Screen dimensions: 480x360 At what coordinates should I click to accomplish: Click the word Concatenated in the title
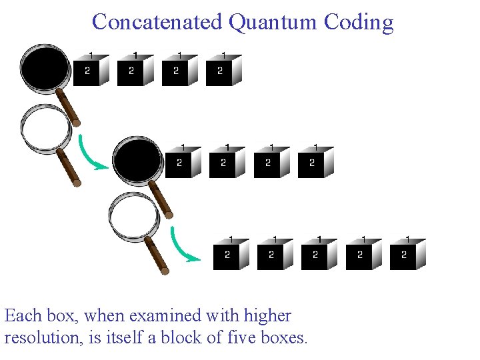(157, 21)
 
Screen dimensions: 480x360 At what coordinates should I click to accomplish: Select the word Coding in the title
(359, 22)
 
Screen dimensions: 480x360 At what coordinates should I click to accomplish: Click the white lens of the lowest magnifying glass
(133, 217)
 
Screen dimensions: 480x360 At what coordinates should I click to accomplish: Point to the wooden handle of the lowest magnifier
(157, 255)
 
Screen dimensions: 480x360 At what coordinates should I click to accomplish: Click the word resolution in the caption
(43, 337)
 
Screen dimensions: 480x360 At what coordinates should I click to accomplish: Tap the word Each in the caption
(23, 315)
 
